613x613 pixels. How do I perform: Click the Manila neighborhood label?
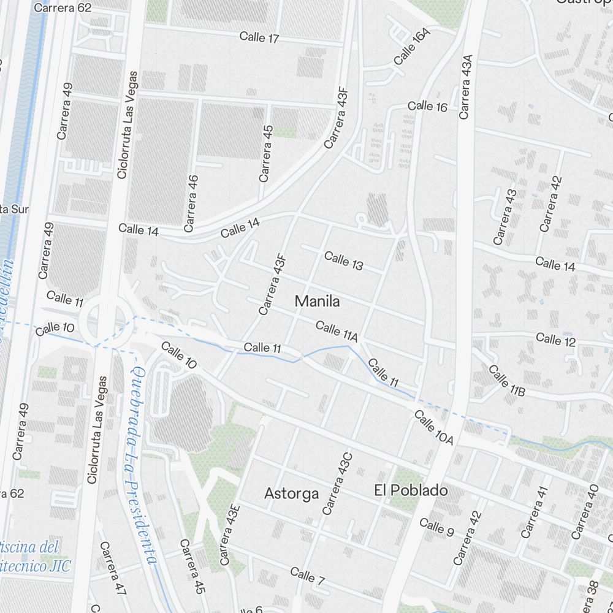click(317, 302)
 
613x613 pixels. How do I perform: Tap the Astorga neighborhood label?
click(291, 493)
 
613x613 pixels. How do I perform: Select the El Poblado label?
click(411, 491)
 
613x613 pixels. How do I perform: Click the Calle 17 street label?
click(259, 37)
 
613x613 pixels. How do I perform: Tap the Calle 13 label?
click(343, 261)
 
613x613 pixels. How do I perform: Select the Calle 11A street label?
click(337, 331)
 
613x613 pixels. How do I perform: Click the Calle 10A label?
click(433, 428)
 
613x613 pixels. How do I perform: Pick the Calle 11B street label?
click(507, 380)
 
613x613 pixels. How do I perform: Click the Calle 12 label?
click(556, 339)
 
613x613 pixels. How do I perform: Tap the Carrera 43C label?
click(338, 484)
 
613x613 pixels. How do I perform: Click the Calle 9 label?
click(436, 526)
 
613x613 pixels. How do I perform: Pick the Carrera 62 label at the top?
click(63, 8)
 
